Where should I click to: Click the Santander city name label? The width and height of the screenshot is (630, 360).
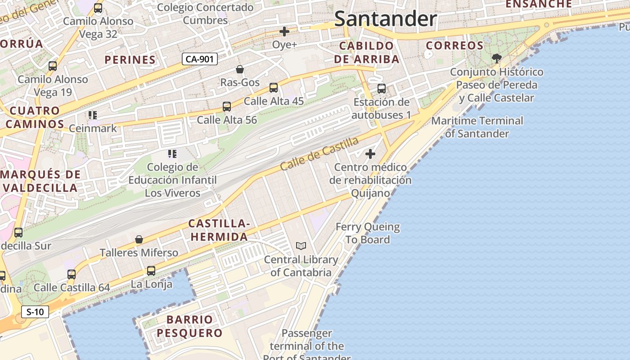point(386,19)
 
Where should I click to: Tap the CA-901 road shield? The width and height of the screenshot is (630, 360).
point(200,59)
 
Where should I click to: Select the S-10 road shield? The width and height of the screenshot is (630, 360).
point(35,311)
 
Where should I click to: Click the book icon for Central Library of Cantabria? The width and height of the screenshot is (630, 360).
point(301,246)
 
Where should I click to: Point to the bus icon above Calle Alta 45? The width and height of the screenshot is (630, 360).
point(274,88)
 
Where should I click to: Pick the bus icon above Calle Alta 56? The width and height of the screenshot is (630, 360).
point(227,107)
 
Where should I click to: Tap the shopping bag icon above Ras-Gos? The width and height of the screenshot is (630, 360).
point(240,69)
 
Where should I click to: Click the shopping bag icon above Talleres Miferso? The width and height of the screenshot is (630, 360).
point(139,239)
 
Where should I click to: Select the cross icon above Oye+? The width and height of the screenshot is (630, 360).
point(284,31)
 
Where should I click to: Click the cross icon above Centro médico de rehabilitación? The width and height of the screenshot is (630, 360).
point(370,154)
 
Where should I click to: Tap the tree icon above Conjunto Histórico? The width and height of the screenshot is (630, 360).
point(497,58)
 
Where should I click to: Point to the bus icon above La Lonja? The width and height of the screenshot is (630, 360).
point(151,271)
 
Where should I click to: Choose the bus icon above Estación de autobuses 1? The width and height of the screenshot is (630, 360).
point(382,89)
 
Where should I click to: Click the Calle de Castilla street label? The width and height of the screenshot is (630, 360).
point(319,153)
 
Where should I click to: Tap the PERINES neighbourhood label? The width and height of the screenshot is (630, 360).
point(130,59)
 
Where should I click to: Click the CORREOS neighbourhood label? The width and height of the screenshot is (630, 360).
point(454,45)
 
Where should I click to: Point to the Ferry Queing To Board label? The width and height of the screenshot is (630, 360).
point(368,233)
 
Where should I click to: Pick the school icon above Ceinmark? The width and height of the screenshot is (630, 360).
point(93,115)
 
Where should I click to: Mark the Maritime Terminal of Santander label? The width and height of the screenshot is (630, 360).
point(477,127)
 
